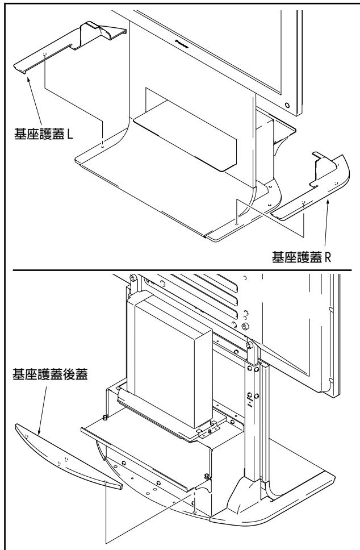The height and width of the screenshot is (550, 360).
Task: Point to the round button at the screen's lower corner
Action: point(288,106)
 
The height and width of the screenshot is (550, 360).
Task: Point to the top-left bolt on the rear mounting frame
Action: point(132,278)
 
